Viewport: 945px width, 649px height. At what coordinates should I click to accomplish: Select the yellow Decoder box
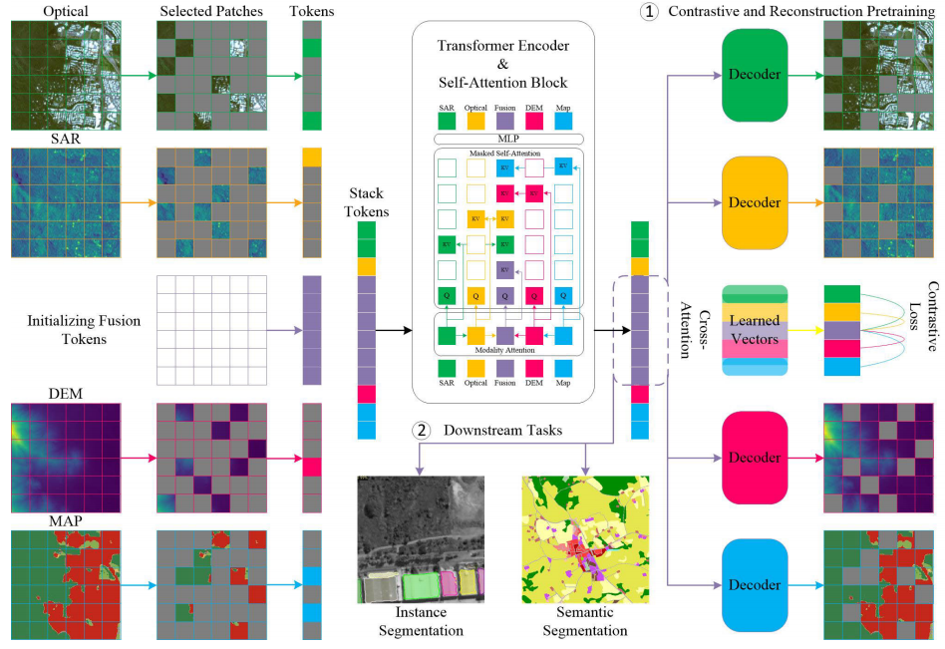753,203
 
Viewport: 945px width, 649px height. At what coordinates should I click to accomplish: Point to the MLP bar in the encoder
502,138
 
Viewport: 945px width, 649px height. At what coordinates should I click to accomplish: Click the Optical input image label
67,11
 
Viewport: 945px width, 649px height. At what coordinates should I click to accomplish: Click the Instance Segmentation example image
420,539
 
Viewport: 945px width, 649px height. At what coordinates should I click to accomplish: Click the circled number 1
649,12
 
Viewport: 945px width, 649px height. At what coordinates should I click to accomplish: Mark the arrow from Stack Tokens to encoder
396,328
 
